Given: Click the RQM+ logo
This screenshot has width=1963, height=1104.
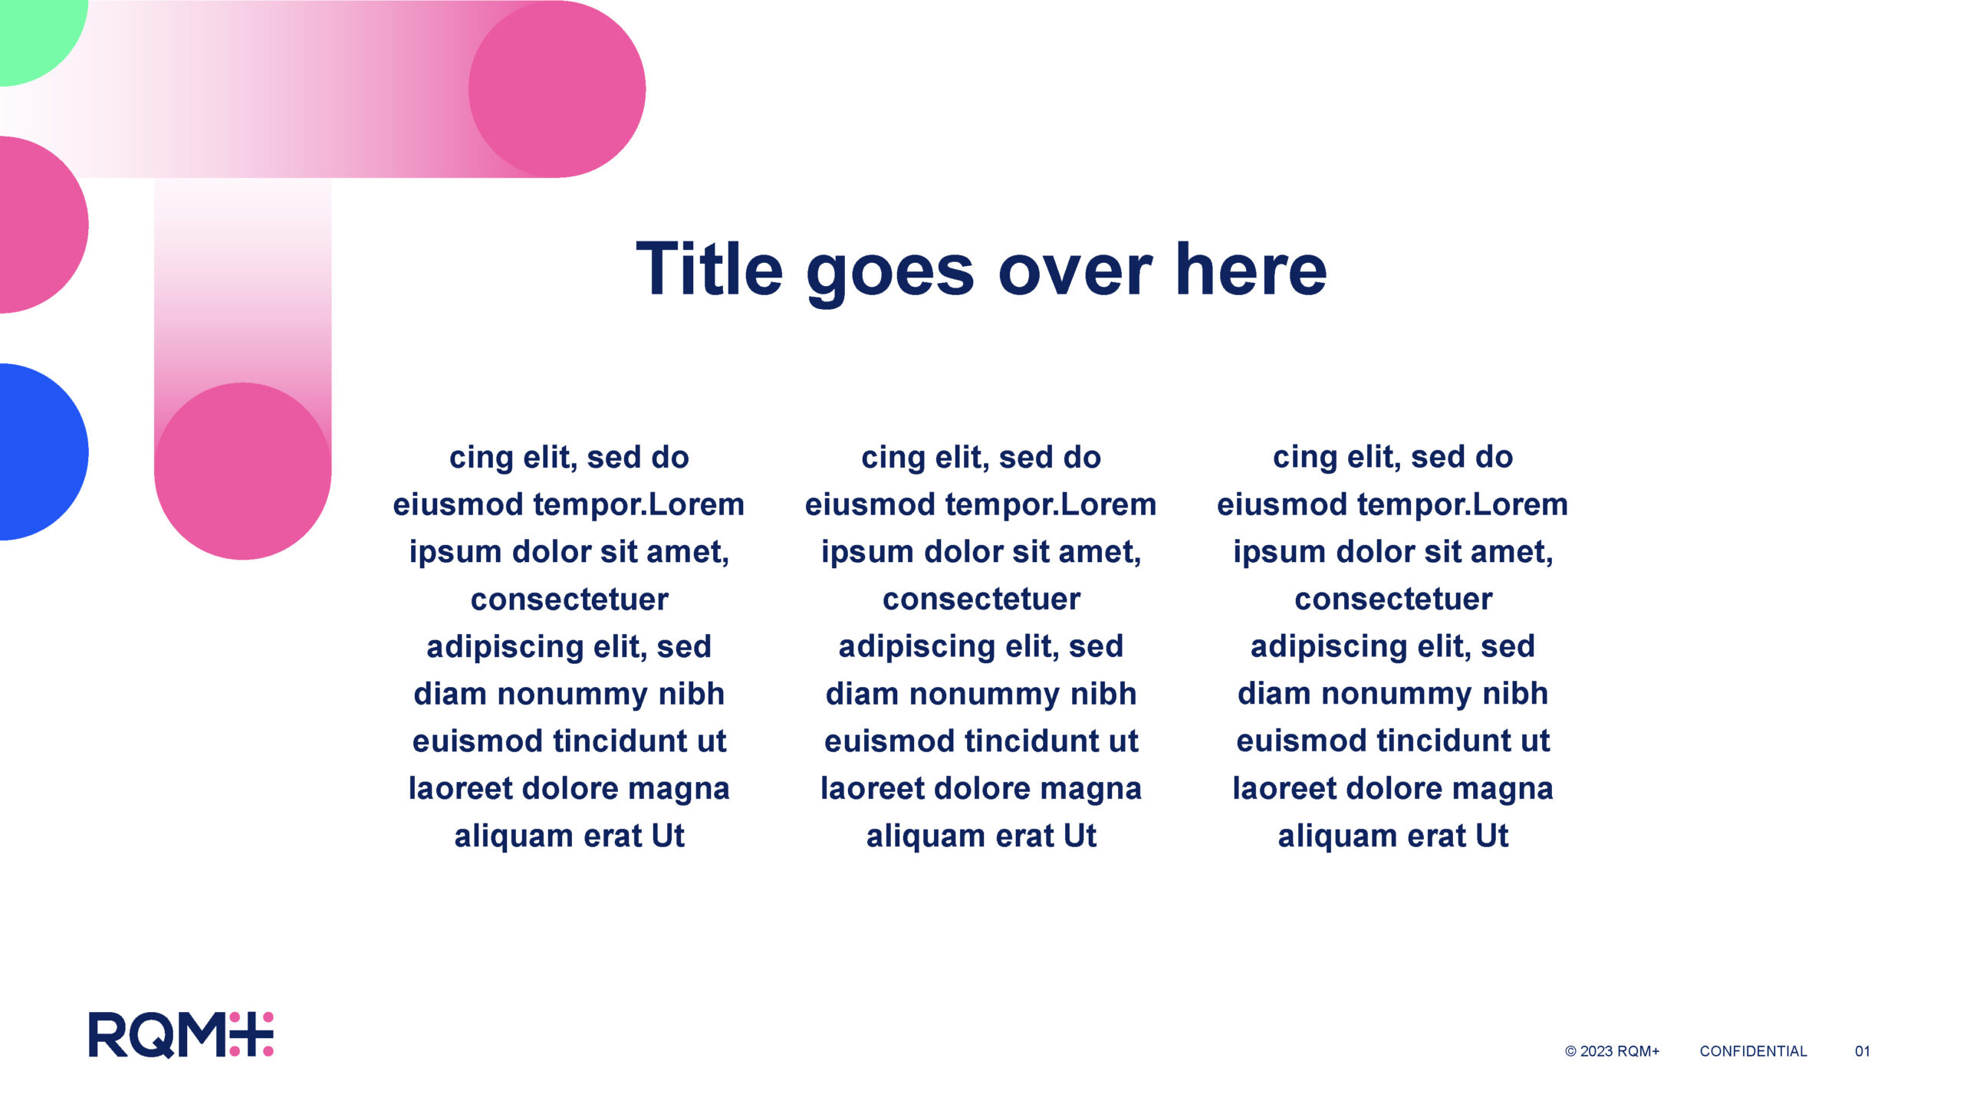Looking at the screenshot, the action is coord(181,1034).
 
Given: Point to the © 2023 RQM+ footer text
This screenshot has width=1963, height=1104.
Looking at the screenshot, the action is coord(1612,1051).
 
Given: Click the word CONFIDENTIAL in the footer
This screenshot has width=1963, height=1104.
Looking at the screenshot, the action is coord(1753,1051).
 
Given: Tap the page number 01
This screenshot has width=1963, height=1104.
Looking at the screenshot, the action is coord(1863,1051).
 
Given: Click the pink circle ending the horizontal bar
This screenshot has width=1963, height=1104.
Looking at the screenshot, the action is coord(557,89).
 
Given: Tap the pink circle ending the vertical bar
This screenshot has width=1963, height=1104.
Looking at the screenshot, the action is coord(243,471).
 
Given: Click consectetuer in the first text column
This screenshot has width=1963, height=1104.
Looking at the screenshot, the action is coord(569,600).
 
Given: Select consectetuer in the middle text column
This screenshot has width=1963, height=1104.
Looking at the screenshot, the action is coord(981,600).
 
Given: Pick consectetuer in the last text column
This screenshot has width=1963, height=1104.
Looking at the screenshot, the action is coord(1393,600).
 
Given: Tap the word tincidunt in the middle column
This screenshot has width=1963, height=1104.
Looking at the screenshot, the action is coord(1035,741).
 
